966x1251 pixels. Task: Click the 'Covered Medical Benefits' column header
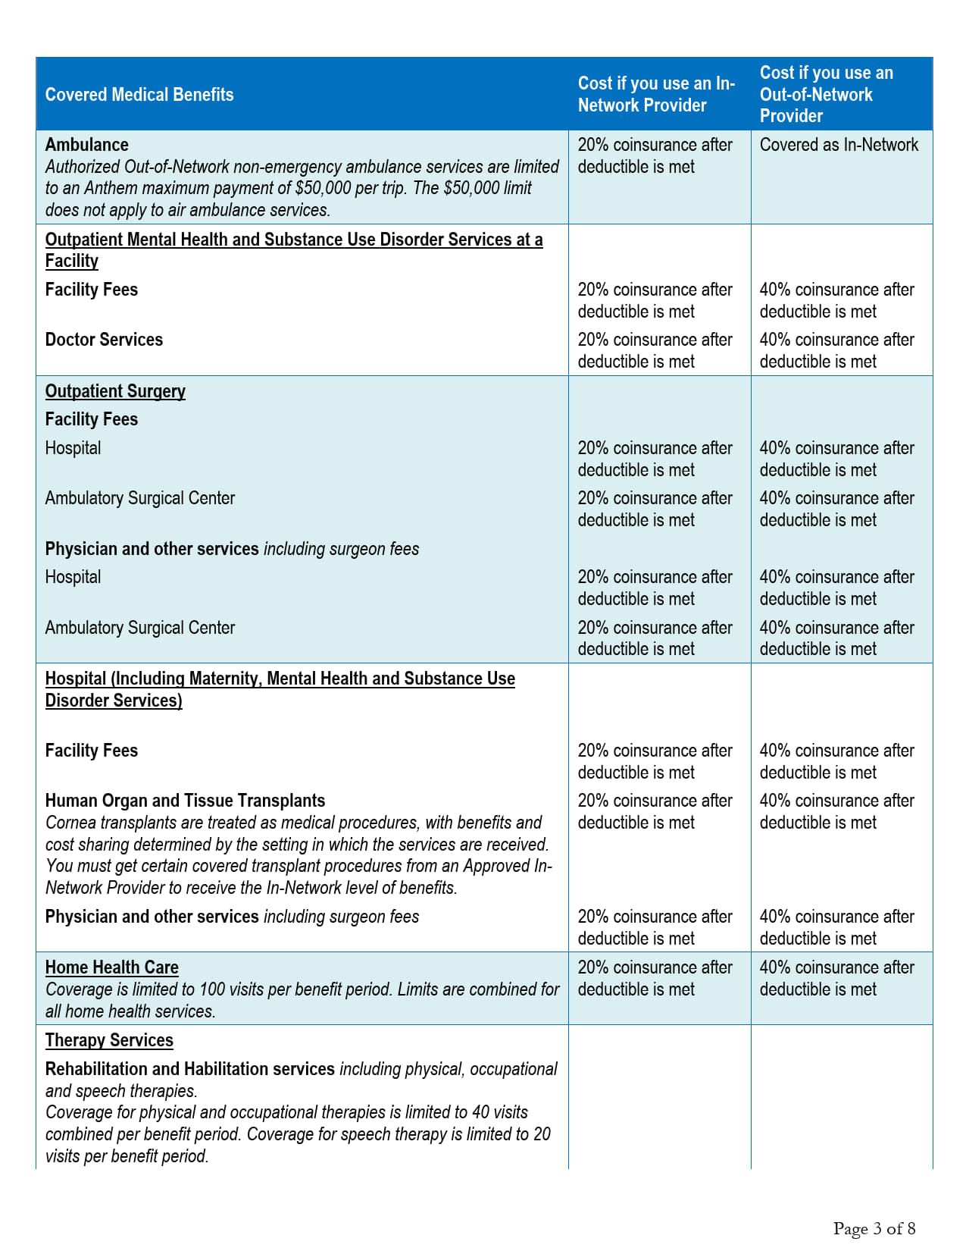click(139, 95)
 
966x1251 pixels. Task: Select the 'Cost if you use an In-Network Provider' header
click(656, 95)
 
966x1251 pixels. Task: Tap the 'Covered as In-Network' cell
click(839, 145)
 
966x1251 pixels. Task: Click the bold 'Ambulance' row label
click(87, 145)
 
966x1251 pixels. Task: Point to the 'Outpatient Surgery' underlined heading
click(115, 391)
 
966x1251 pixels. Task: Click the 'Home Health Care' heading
click(112, 967)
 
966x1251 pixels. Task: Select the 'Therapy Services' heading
click(109, 1040)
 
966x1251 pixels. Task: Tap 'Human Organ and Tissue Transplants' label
click(185, 801)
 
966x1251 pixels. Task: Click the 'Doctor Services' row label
click(104, 340)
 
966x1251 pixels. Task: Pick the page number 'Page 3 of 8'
click(874, 1228)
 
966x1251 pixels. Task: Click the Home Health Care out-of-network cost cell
click(836, 978)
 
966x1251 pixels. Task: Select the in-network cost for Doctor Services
click(655, 350)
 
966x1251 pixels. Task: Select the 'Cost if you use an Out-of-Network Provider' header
click(826, 95)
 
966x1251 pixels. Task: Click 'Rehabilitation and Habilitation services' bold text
click(189, 1069)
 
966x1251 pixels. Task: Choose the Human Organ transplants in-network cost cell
click(655, 811)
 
